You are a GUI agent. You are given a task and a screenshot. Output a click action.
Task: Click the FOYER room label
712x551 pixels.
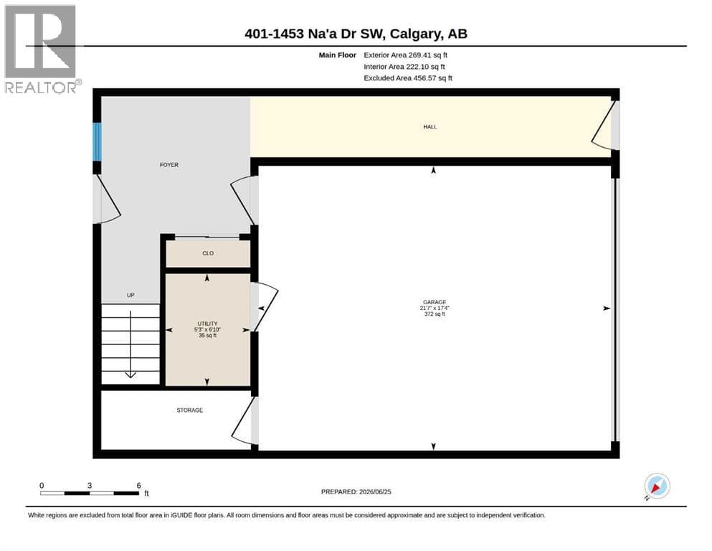(169, 165)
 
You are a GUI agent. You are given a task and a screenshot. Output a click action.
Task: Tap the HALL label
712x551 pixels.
(430, 127)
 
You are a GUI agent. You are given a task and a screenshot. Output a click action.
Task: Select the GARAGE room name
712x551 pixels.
(435, 302)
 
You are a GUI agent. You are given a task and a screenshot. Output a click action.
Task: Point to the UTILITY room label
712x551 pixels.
(207, 324)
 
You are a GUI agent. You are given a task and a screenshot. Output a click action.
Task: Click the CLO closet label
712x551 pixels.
(208, 253)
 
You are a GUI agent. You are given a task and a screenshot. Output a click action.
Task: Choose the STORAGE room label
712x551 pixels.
(190, 410)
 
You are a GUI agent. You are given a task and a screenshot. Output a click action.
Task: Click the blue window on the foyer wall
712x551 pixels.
(97, 141)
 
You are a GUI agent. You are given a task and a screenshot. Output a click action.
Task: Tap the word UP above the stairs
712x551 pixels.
(130, 296)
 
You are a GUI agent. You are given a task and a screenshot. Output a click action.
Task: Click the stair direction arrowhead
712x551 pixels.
(130, 375)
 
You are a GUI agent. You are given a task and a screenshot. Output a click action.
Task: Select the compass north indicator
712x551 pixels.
(657, 486)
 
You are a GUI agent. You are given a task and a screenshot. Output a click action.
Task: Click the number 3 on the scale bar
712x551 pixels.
(90, 486)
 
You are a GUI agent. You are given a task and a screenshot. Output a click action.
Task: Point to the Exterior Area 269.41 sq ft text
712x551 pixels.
(406, 55)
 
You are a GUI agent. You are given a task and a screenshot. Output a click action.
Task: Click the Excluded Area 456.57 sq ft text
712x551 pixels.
(408, 78)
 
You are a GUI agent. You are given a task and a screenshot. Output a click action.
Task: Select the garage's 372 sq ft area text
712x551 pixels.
(435, 314)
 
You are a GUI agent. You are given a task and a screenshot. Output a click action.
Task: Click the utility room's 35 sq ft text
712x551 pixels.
(207, 336)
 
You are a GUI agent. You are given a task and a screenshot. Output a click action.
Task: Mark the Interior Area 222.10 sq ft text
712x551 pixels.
(404, 67)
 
